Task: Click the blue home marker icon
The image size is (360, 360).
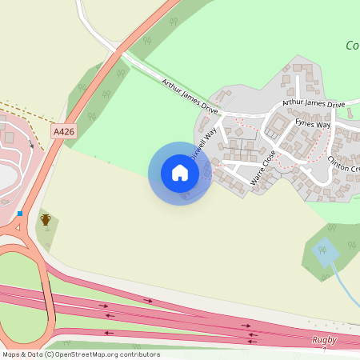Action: [179, 173]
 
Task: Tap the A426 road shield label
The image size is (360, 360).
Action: [63, 131]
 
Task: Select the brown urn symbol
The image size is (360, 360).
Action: [46, 218]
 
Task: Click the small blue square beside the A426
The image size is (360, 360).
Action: [19, 214]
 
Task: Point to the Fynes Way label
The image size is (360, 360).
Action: [312, 124]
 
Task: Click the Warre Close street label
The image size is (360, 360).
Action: [262, 168]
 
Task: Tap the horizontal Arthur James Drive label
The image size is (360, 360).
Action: [313, 104]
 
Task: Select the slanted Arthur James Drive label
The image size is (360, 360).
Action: [189, 94]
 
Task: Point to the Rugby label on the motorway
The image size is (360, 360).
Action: [324, 340]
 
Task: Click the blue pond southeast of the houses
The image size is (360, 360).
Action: [325, 252]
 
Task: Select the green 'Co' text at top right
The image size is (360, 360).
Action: [352, 46]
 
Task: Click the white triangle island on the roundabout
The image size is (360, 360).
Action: [16, 228]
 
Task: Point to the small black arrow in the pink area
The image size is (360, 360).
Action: [31, 143]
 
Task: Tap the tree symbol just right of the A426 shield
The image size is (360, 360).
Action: [92, 117]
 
